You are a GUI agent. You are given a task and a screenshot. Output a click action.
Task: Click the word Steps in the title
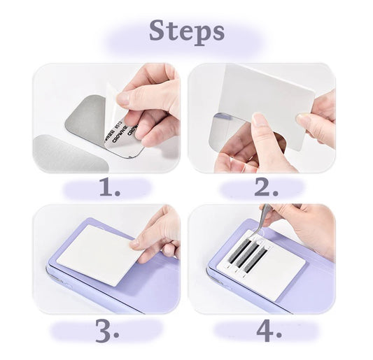(187, 31)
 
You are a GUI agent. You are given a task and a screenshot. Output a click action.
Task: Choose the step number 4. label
(267, 332)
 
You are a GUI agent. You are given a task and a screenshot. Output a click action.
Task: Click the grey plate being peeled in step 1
(87, 126)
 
